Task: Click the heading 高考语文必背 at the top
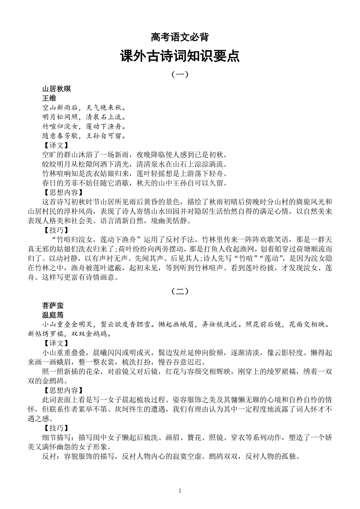(x=180, y=38)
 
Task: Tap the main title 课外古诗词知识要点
(x=180, y=57)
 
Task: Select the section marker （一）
(x=180, y=74)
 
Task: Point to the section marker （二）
(x=180, y=291)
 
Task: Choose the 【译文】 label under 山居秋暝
(x=55, y=145)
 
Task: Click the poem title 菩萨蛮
(x=53, y=306)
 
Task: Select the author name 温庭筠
(x=53, y=315)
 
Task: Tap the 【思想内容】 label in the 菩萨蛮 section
(x=63, y=390)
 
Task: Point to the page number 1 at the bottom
(x=180, y=490)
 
